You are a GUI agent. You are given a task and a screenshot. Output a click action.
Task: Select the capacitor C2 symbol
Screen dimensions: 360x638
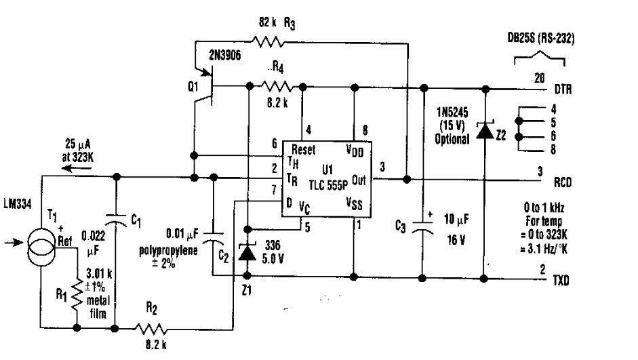click(x=214, y=238)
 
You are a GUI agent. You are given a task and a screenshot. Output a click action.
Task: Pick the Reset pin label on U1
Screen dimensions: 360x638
click(x=303, y=151)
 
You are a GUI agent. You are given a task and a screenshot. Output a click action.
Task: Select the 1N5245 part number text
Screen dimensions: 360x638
click(x=448, y=114)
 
